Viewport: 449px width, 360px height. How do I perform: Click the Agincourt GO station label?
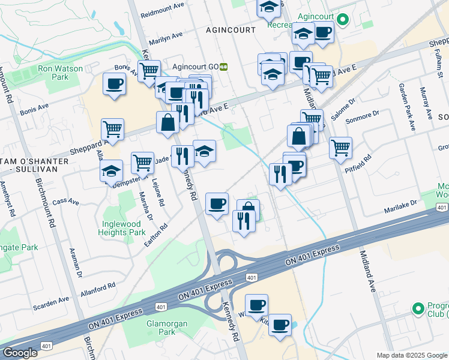tap(190, 67)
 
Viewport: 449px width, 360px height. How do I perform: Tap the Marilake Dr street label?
tap(400, 211)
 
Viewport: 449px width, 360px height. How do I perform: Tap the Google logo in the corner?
tap(20, 353)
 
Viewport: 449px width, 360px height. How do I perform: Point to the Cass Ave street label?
tap(66, 202)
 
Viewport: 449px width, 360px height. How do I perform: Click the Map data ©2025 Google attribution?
tap(412, 355)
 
